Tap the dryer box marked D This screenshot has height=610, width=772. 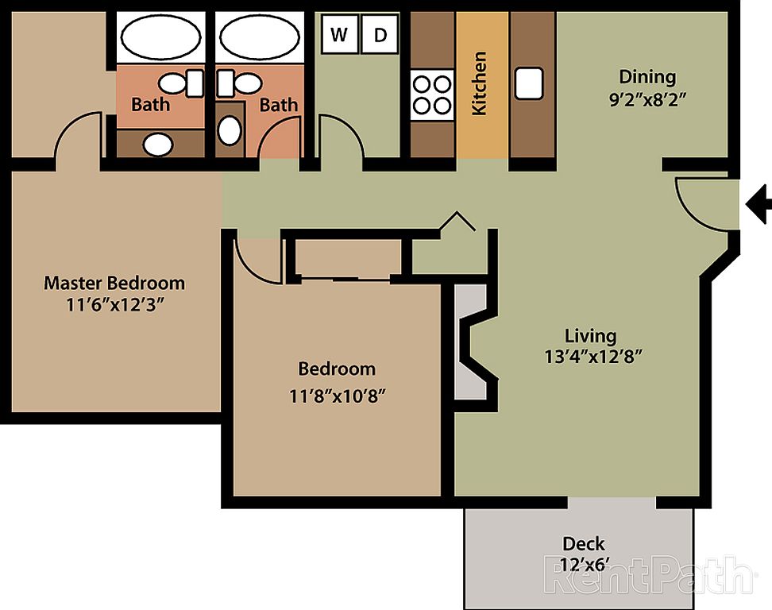point(380,34)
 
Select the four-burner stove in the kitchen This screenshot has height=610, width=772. point(432,95)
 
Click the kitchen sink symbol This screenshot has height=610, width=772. point(529,83)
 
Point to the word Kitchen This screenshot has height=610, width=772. point(480,83)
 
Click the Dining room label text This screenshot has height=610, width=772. point(647,77)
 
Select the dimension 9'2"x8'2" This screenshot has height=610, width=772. point(647,100)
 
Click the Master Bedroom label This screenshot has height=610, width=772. point(114,283)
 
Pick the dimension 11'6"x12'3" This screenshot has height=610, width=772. point(114,305)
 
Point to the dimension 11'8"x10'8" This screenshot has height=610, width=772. point(338,396)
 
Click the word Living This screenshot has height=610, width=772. point(590,336)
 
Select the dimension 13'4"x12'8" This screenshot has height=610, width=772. point(593,357)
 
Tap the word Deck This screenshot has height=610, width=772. point(584,543)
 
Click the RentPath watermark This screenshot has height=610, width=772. point(647,575)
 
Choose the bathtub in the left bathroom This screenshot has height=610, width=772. point(161,37)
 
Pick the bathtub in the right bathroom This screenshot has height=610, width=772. point(260,37)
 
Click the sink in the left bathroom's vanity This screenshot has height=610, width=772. point(158,145)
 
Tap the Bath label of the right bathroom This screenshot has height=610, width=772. point(279,105)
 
